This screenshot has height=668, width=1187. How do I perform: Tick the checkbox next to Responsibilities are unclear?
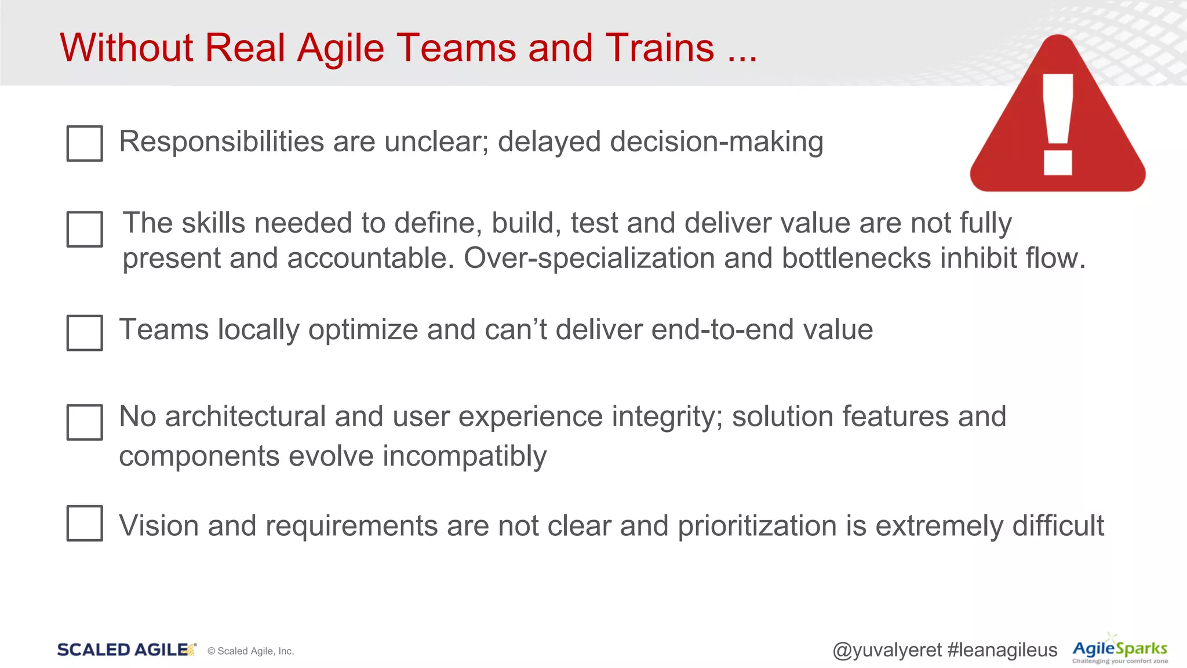(85, 143)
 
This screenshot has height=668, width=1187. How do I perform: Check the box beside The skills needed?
(85, 229)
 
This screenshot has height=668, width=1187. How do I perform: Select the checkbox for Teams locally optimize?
(85, 333)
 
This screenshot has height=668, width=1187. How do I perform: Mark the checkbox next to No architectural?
(85, 422)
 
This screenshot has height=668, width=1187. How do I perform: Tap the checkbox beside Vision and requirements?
(85, 523)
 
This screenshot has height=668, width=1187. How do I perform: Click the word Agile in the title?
(340, 48)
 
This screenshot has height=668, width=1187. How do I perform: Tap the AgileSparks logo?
(1120, 649)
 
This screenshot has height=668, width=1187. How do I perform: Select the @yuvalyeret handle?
(887, 650)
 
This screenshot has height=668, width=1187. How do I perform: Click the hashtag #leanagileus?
(1002, 650)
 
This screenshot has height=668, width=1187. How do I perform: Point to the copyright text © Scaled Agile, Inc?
(250, 651)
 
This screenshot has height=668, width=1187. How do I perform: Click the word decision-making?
(716, 142)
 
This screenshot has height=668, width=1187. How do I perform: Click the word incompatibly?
(464, 456)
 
